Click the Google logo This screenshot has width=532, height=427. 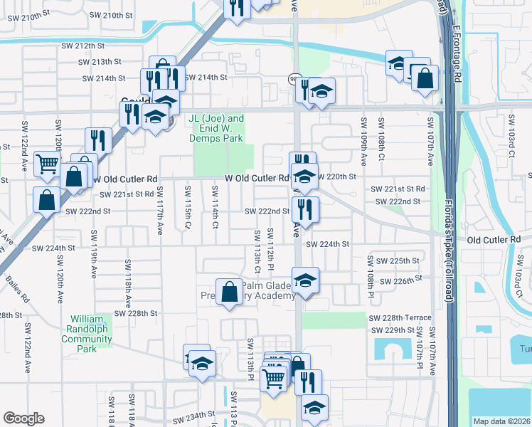23,418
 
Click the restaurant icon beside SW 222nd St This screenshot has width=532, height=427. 306,209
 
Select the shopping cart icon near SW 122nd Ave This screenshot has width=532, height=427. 47,164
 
